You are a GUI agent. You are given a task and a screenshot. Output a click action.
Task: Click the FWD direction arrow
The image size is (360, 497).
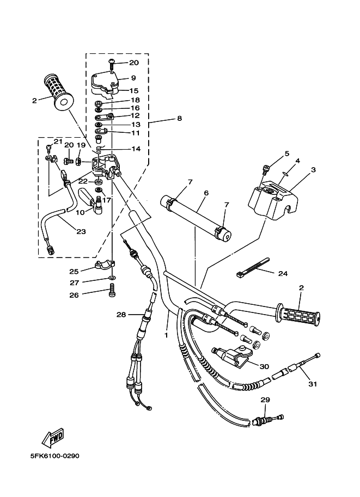(53, 437)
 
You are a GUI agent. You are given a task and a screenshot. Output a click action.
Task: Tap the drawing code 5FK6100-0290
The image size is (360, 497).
(55, 456)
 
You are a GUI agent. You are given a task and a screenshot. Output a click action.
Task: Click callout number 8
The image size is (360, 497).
(179, 119)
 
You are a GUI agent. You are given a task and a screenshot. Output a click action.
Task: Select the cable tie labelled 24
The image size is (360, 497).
(253, 267)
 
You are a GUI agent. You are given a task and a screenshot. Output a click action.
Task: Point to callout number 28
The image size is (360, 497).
(121, 315)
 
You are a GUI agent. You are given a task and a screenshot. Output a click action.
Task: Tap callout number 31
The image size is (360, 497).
(313, 384)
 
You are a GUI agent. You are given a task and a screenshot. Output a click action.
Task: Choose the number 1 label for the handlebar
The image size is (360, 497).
(166, 335)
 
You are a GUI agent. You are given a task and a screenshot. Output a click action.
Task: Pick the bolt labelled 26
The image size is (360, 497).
(112, 290)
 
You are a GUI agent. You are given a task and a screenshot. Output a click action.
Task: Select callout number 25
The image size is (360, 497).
(74, 271)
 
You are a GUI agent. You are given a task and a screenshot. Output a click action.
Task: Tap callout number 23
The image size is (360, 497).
(81, 231)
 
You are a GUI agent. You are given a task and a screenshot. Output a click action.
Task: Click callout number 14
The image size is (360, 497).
(136, 149)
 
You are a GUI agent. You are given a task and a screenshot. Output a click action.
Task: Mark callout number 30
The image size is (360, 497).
(264, 366)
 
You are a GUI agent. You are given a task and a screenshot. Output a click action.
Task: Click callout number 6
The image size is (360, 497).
(206, 193)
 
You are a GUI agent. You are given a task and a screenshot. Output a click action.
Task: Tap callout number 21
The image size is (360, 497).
(58, 141)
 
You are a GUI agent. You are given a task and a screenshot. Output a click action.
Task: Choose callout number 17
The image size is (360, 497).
(107, 200)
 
